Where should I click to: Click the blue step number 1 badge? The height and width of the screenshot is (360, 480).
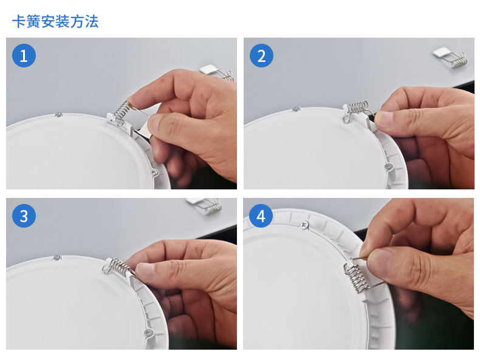click(x=24, y=56)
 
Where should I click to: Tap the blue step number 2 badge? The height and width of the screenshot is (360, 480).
click(x=261, y=56)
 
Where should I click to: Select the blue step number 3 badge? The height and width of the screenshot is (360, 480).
click(x=24, y=216)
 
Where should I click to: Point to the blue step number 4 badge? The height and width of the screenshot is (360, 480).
click(x=261, y=216)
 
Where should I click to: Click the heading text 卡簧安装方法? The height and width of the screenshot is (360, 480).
click(x=55, y=22)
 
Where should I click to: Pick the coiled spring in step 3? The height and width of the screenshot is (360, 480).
click(x=117, y=266)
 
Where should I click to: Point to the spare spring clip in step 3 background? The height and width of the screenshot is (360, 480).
click(x=204, y=206)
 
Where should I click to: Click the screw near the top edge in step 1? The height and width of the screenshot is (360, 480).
click(x=58, y=115)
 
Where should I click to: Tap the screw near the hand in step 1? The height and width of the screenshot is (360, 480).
click(x=155, y=172)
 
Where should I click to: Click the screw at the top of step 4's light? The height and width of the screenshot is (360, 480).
click(x=304, y=226)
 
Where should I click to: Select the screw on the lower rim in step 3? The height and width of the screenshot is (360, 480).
click(x=148, y=333)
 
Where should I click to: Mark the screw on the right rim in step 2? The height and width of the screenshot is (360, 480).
click(x=389, y=167)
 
